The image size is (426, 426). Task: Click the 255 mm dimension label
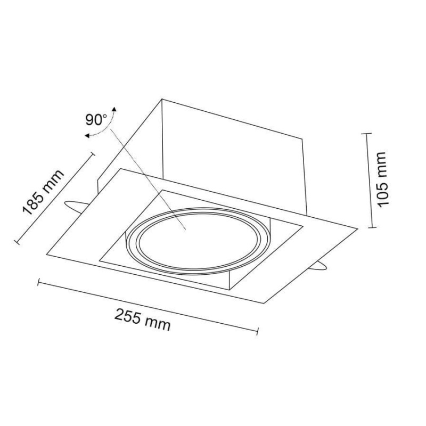(x=142, y=319)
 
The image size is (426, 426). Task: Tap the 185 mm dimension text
(x=43, y=193)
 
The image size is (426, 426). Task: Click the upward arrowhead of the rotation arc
(x=114, y=109)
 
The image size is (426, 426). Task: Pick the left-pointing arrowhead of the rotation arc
(x=87, y=136)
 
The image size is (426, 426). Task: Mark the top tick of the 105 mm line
(x=366, y=134)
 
